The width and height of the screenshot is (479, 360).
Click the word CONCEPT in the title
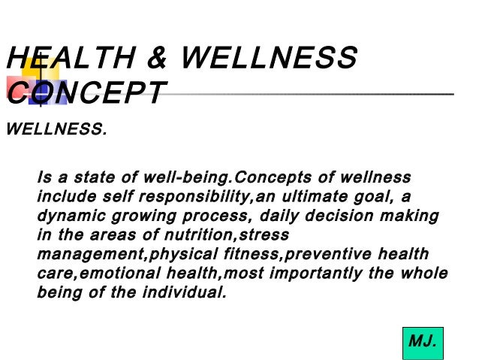click(x=84, y=94)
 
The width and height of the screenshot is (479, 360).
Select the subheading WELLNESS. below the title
click(x=56, y=130)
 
